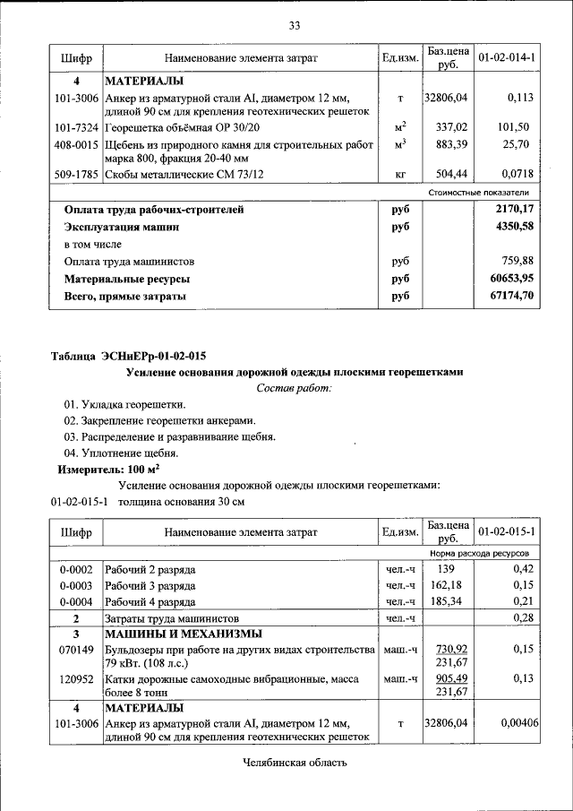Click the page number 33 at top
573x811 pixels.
[294, 24]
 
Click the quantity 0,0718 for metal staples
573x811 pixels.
[516, 174]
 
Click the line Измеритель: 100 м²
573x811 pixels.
[109, 469]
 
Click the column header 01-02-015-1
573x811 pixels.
[506, 532]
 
